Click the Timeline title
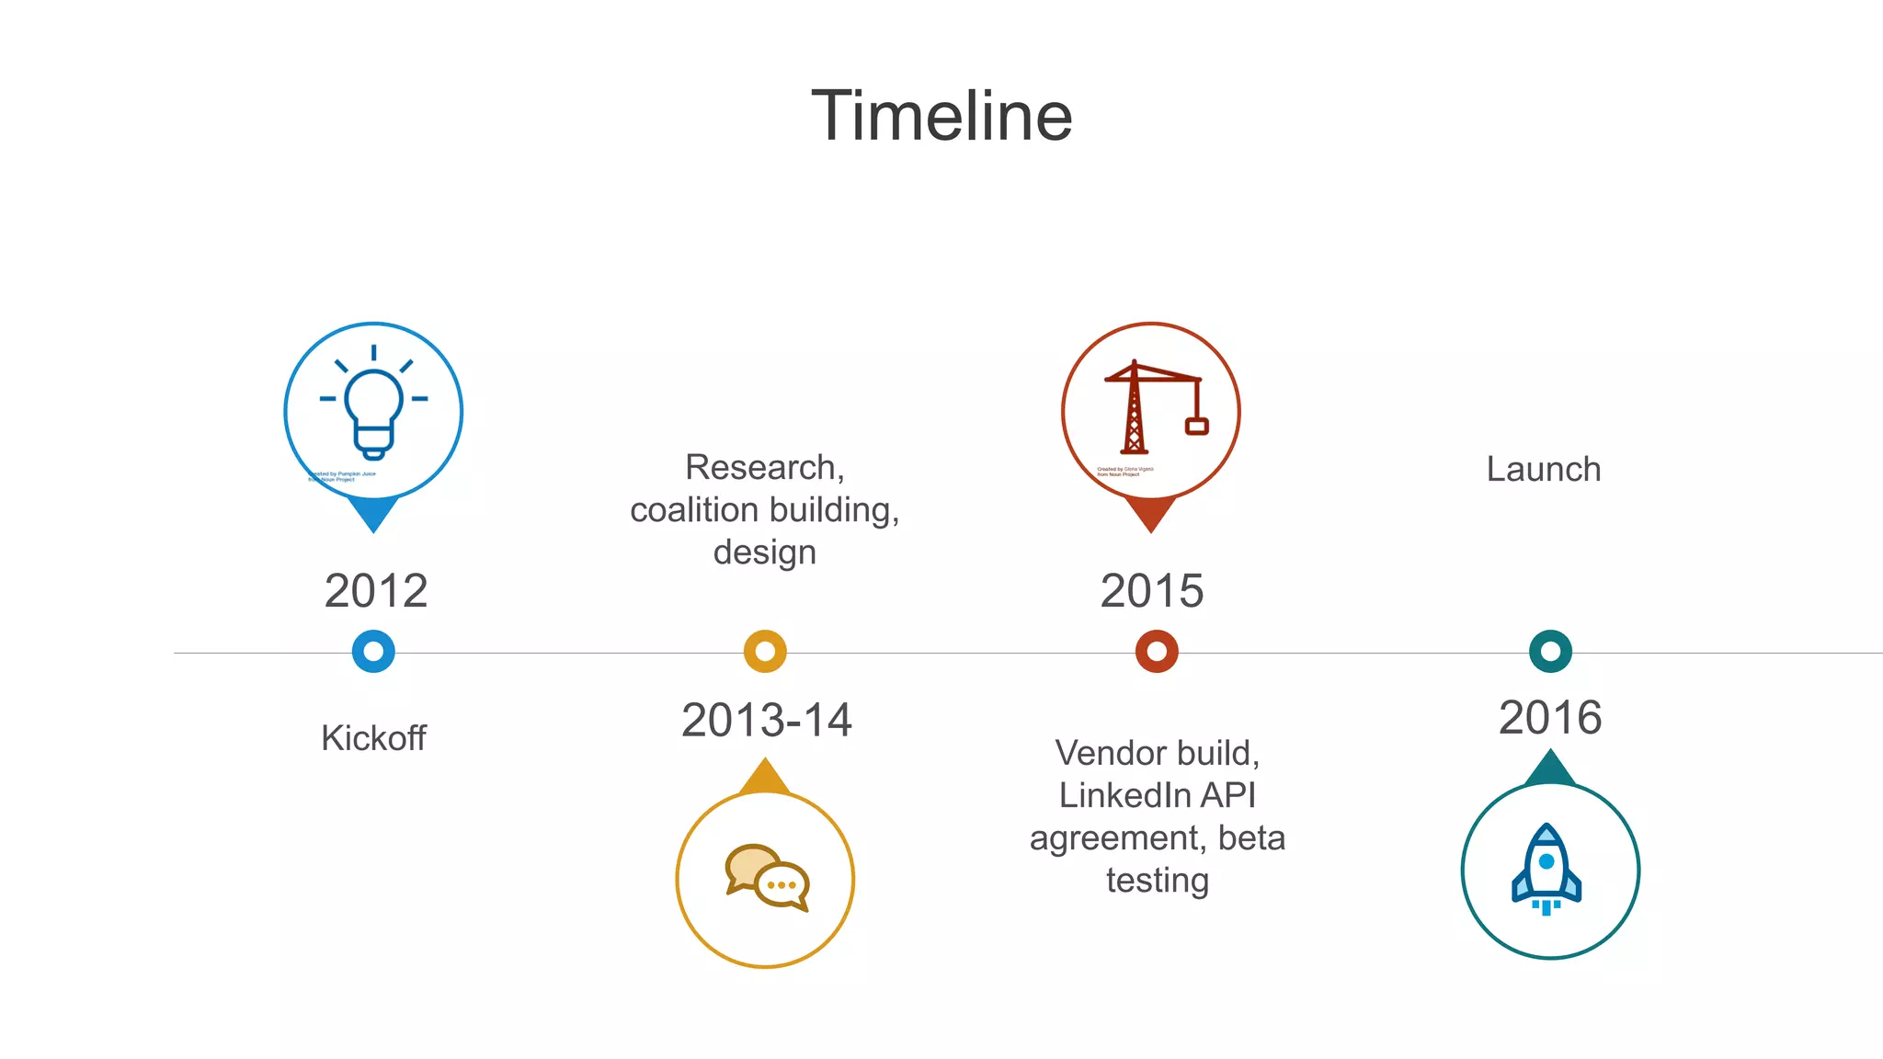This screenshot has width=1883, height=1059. pos(941,116)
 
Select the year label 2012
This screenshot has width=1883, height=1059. pos(375,590)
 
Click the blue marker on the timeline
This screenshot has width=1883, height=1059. pos(373,652)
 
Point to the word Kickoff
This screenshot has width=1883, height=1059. pos(373,737)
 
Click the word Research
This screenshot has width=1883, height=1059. pos(761,467)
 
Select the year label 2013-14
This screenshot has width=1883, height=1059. pos(766,720)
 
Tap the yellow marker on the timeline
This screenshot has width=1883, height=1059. pos(765,652)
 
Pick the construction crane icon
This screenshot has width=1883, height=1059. pos(1153,408)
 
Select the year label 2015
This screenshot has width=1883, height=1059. pos(1151,590)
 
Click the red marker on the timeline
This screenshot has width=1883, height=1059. pos(1157,652)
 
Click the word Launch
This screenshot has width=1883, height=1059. pos(1544,469)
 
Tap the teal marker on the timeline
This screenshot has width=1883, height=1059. pos(1550,652)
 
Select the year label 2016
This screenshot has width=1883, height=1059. pos(1550,717)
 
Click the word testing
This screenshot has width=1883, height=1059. pos(1157,881)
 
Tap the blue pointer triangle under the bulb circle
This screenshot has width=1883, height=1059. pos(373,513)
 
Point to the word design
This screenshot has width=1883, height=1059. pos(764,552)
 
